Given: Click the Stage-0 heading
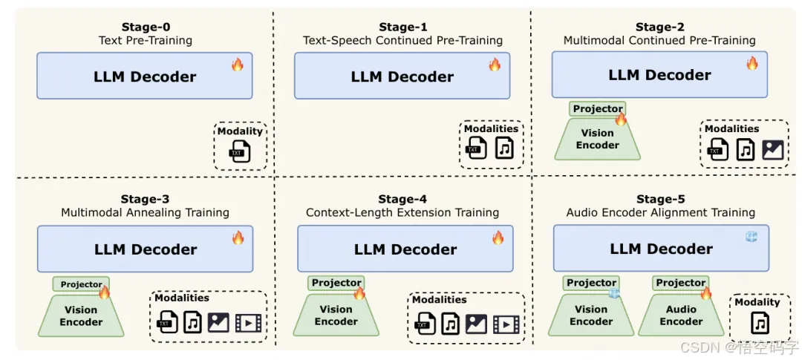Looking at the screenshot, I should click(145, 27).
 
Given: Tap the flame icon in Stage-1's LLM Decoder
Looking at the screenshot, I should click(495, 65).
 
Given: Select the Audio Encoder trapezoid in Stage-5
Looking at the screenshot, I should click(681, 316).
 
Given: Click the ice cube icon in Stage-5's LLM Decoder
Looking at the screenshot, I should click(751, 237).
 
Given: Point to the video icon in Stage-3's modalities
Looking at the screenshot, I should click(248, 323).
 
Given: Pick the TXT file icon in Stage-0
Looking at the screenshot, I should click(239, 151).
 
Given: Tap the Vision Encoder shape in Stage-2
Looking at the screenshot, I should click(597, 140).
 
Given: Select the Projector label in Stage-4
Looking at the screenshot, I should click(336, 283).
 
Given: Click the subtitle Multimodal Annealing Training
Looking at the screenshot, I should click(145, 213).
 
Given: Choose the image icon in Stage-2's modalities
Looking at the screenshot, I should click(772, 150).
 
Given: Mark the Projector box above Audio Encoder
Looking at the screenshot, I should click(680, 283).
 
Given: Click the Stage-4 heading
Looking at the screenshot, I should click(402, 199).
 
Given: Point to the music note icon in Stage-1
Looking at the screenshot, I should click(505, 148).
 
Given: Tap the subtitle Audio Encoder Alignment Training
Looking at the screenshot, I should click(661, 213).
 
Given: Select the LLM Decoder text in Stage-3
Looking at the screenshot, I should click(145, 249).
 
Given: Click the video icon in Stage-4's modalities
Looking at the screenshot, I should click(505, 324).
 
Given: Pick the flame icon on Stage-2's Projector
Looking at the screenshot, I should click(621, 119).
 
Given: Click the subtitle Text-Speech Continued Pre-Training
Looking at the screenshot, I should click(402, 41).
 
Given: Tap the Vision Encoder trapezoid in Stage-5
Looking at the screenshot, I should click(591, 316).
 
